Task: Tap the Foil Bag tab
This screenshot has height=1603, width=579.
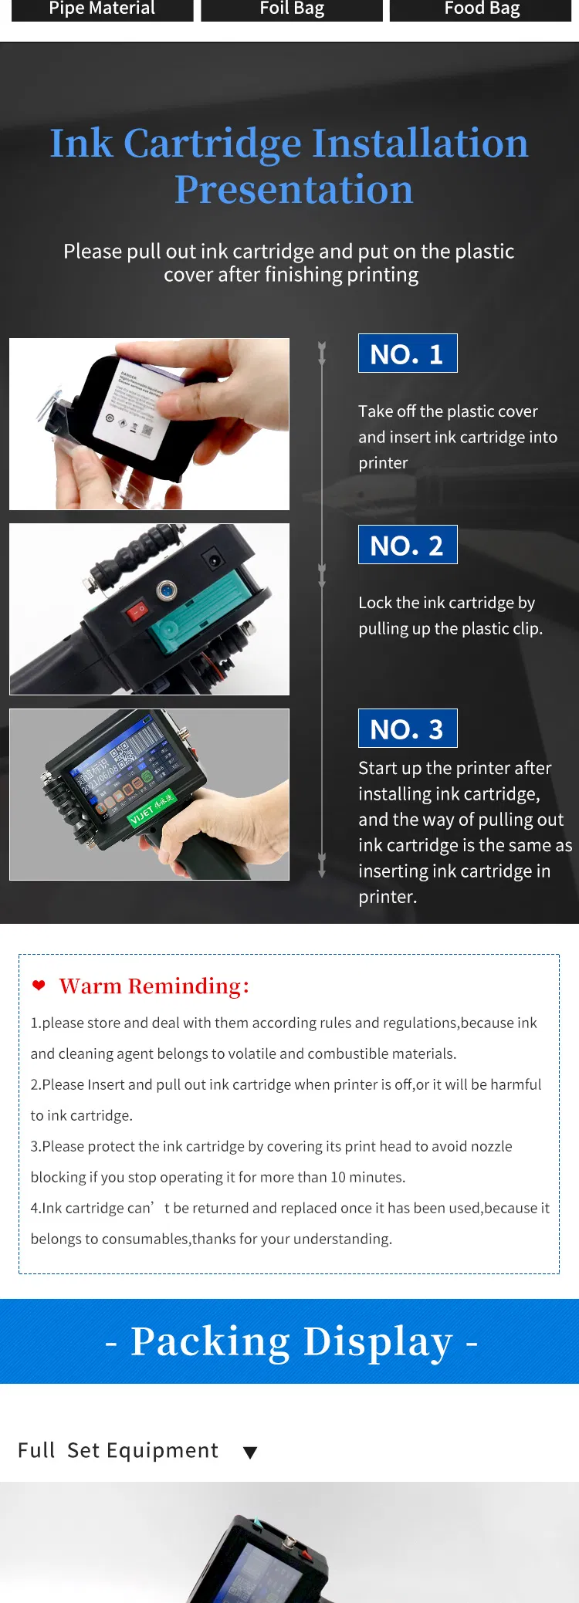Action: point(292,9)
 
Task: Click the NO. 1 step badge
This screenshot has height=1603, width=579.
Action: point(408,353)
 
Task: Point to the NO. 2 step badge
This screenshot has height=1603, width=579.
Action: point(408,545)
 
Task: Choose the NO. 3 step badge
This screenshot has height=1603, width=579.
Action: point(408,729)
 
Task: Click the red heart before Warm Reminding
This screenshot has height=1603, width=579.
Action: point(39,986)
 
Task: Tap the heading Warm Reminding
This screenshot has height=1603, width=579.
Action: point(154,986)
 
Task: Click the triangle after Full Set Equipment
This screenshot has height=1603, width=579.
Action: point(249,1453)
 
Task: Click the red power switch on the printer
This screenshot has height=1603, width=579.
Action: point(137,611)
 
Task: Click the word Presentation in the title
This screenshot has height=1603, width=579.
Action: point(293,190)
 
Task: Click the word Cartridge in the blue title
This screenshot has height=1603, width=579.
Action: point(212,144)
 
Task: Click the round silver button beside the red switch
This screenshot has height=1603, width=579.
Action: point(166,592)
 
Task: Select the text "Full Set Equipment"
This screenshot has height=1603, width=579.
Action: point(118,1450)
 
